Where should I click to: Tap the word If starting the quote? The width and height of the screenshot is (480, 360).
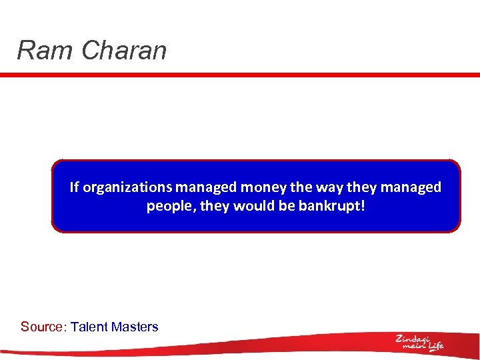(75, 187)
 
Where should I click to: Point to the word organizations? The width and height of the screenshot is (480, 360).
(127, 188)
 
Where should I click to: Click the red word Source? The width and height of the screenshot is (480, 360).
(43, 327)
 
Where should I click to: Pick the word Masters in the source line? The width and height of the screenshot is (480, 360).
(135, 327)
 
